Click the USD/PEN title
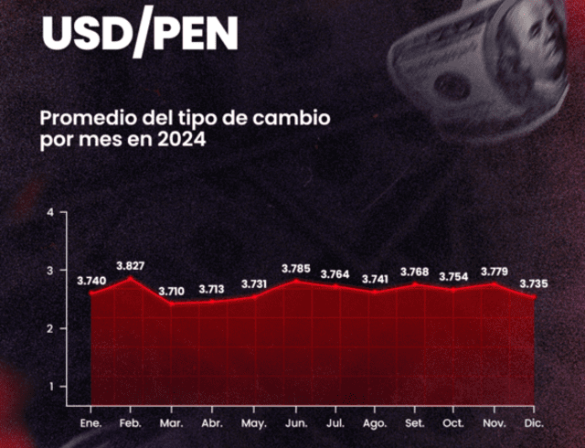(x=140, y=34)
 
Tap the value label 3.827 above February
(x=131, y=265)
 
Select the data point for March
(x=172, y=303)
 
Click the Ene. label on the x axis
(x=90, y=422)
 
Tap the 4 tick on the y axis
(x=51, y=212)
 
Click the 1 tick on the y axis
(x=51, y=386)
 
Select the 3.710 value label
(x=172, y=291)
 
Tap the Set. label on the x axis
(x=413, y=422)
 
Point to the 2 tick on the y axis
(x=51, y=328)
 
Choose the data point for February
(x=131, y=278)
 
